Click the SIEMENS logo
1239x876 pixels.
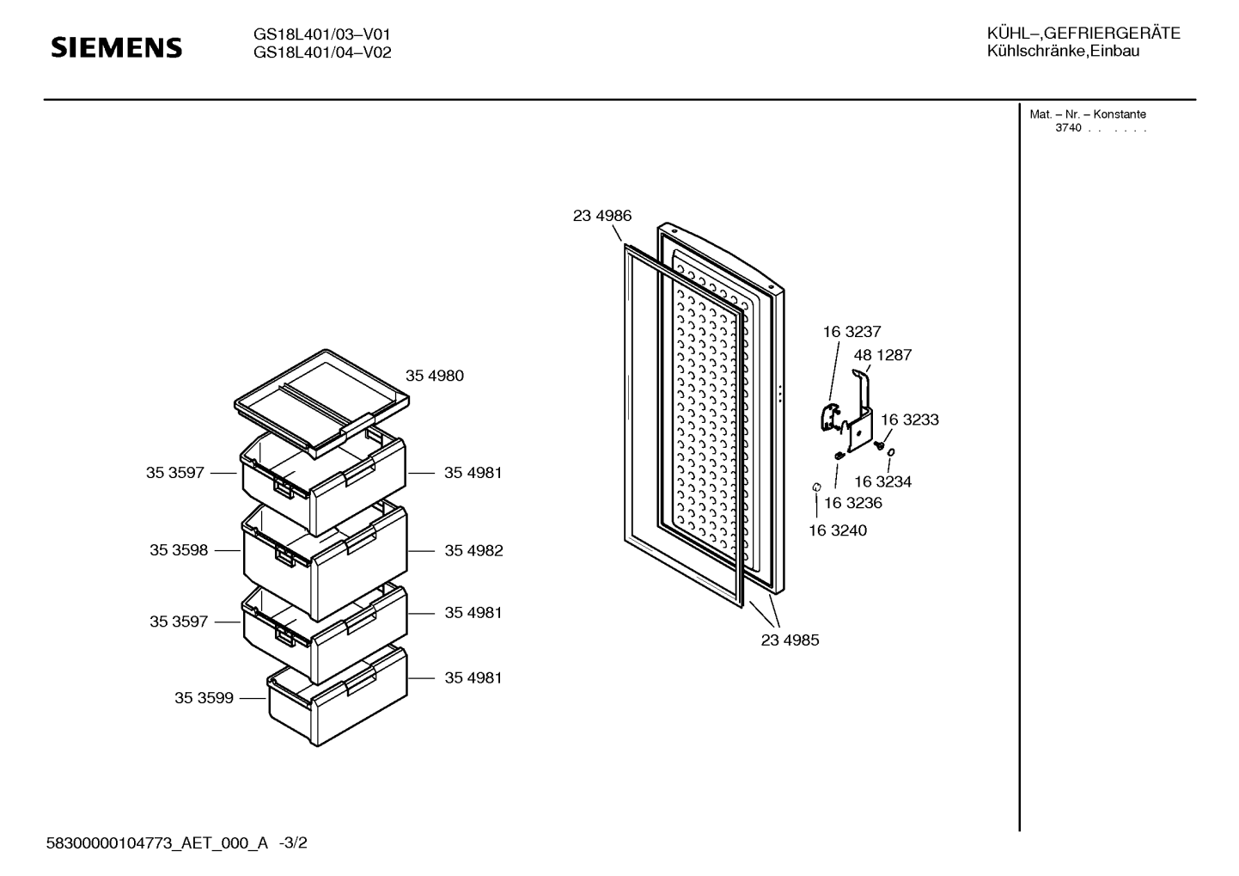pos(117,47)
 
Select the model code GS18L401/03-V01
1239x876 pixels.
pos(322,34)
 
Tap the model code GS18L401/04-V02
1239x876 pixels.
pos(322,52)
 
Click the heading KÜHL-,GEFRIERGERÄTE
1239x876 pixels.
pos(1083,34)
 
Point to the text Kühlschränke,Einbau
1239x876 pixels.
pos(1063,52)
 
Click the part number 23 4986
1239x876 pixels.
pos(601,216)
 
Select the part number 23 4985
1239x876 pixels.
pos(790,640)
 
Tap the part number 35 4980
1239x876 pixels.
pos(434,376)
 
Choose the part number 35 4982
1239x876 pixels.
pos(473,550)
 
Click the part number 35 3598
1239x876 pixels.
pos(179,550)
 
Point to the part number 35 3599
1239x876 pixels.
pos(204,698)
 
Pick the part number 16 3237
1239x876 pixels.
pos(851,332)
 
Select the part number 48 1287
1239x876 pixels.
pos(882,355)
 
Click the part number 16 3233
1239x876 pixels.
pos(909,420)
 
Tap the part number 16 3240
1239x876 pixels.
pos(838,530)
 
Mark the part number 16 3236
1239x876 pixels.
pos(853,503)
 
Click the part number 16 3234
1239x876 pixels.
pos(882,481)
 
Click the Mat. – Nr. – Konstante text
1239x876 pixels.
pos(1087,114)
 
